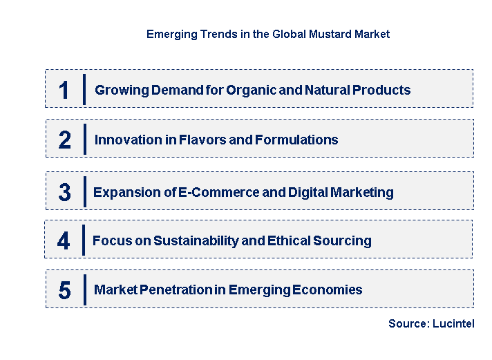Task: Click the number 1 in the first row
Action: [x=64, y=91]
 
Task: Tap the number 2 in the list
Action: [x=64, y=140]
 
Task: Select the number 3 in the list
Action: [x=64, y=193]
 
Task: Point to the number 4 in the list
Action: [x=64, y=241]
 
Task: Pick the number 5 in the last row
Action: [x=64, y=290]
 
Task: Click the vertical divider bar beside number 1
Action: [x=84, y=89]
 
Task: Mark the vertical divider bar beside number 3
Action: [x=84, y=191]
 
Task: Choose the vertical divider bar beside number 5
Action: [x=84, y=290]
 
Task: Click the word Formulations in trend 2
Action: [x=297, y=140]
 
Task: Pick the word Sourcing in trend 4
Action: [x=343, y=241]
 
